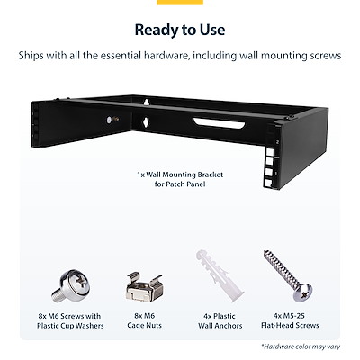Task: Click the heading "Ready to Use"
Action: [180, 30]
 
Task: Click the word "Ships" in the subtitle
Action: [34, 56]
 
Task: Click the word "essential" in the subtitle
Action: [146, 56]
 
